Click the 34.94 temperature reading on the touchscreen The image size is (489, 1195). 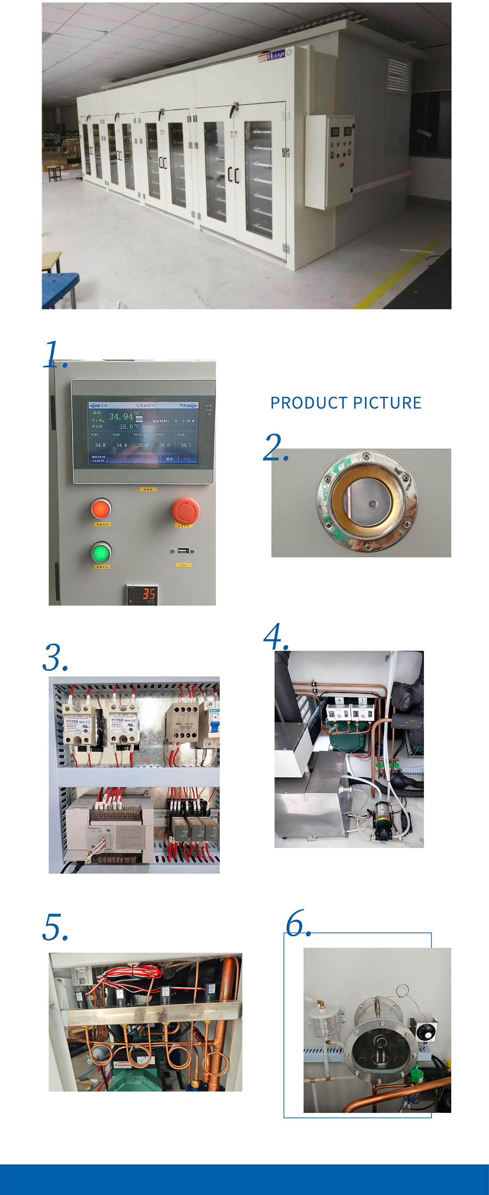121,417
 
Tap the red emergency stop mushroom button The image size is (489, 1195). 185,510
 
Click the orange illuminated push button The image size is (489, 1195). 101,509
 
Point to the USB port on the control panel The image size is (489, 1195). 182,551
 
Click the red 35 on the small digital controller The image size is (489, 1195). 148,593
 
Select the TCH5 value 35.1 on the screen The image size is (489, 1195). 185,445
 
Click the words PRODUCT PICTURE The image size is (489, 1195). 346,403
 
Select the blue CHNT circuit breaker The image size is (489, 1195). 214,724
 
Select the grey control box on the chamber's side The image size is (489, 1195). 328,161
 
